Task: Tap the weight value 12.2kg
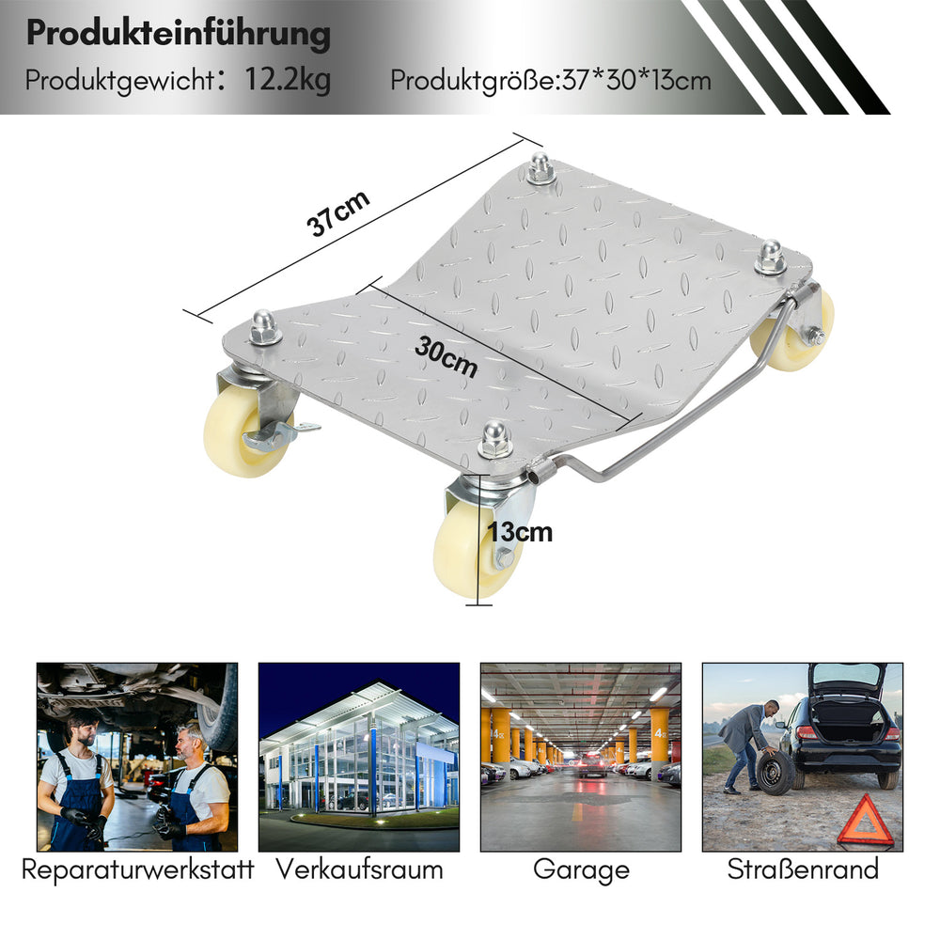(x=287, y=80)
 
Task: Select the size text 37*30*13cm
(x=636, y=80)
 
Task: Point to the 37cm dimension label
(x=337, y=214)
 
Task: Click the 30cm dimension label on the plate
(x=446, y=357)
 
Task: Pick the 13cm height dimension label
(x=520, y=532)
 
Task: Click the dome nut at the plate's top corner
(x=540, y=168)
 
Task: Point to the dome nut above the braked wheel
(x=263, y=327)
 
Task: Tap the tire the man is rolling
(x=775, y=773)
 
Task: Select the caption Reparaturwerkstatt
(x=138, y=869)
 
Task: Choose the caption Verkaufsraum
(x=359, y=869)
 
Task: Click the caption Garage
(x=581, y=870)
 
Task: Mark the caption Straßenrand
(x=803, y=869)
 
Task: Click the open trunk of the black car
(x=848, y=708)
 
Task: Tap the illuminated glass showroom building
(x=359, y=752)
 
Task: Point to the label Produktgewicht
(x=120, y=81)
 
